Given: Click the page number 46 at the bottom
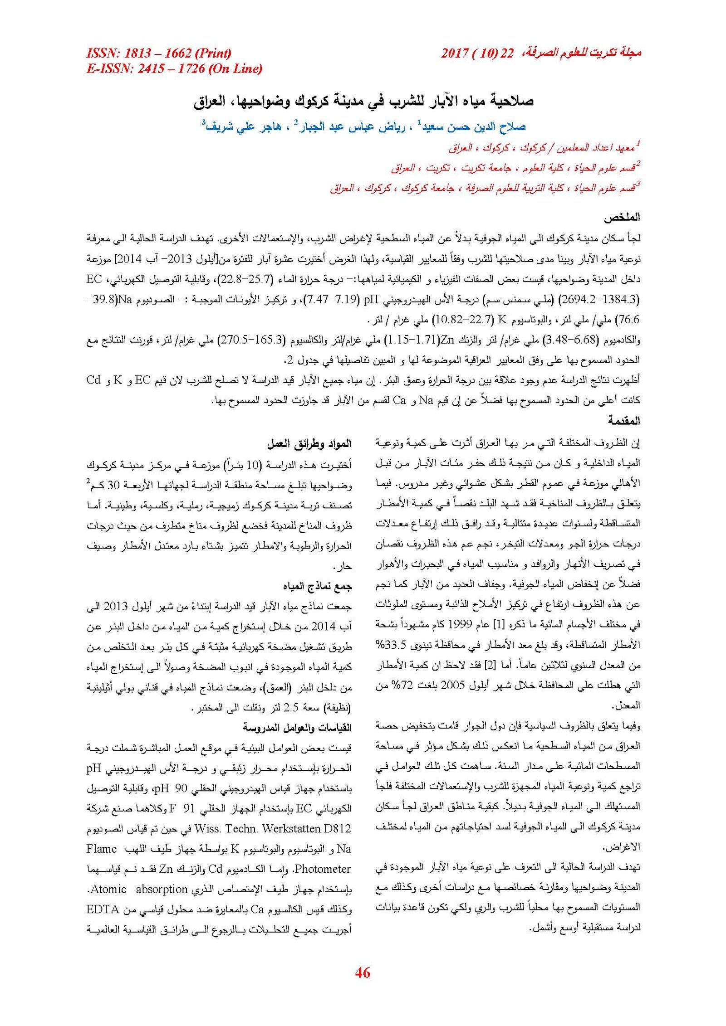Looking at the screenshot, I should (363, 972).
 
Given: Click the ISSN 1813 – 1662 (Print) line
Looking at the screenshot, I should (159, 53).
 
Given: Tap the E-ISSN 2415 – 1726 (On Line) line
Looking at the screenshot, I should (174, 69).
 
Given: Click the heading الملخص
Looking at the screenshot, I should (621, 217).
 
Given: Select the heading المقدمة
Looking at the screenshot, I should (623, 421).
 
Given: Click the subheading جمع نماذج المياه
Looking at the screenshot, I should (317, 586).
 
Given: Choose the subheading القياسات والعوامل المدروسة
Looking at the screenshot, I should (297, 728).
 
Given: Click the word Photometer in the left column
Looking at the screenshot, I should (323, 869).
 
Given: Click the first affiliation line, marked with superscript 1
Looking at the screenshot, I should (544, 148).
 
